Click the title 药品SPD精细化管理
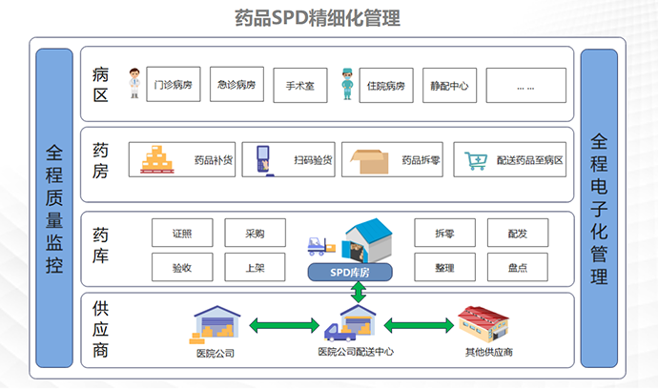pyautogui.click(x=330, y=18)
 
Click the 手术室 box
pyautogui.click(x=300, y=85)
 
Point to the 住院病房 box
pyautogui.click(x=385, y=85)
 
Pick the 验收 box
pyautogui.click(x=182, y=267)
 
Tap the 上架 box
pyautogui.click(x=254, y=267)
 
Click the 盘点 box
pyautogui.click(x=517, y=267)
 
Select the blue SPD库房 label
pyautogui.click(x=357, y=272)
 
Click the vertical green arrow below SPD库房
pyautogui.click(x=359, y=293)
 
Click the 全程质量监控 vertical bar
pyautogui.click(x=54, y=208)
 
